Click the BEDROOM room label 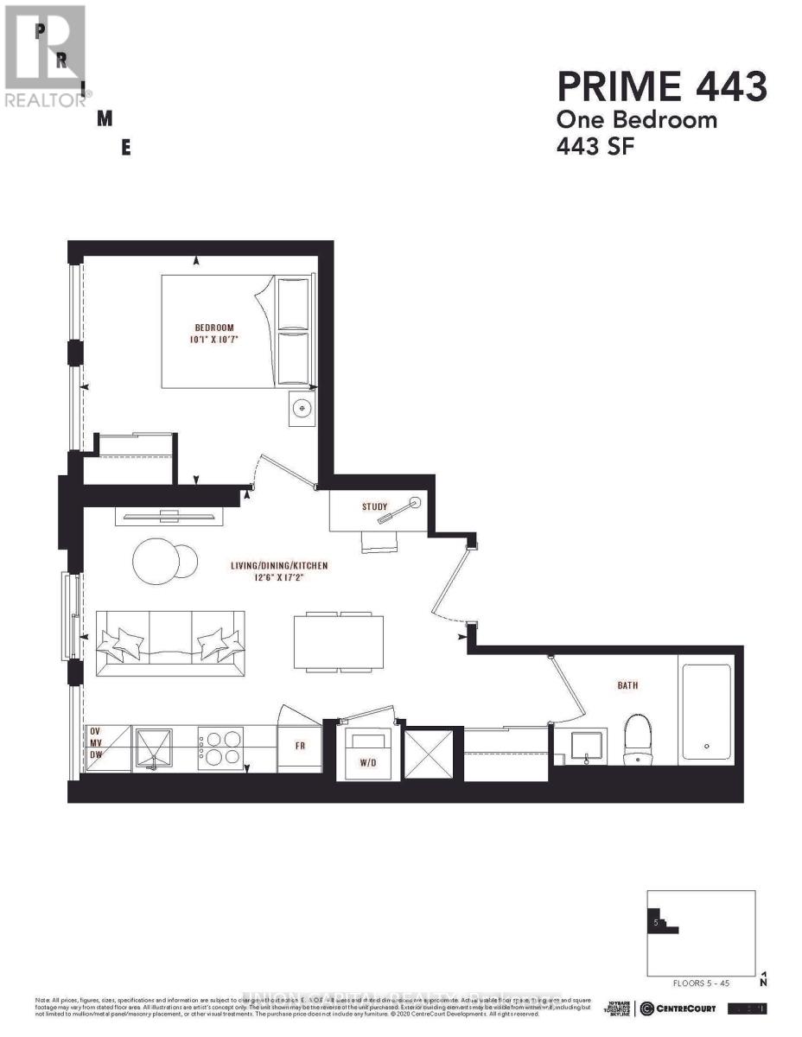pyautogui.click(x=214, y=328)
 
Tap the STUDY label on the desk pyautogui.click(x=375, y=506)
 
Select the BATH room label pyautogui.click(x=627, y=685)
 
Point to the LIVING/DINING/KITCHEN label pyautogui.click(x=279, y=566)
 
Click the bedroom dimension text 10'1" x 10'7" pyautogui.click(x=214, y=340)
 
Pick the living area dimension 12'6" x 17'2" pyautogui.click(x=279, y=579)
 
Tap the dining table pyautogui.click(x=339, y=641)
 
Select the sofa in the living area pyautogui.click(x=169, y=643)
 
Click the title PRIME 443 pyautogui.click(x=662, y=88)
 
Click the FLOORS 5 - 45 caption pyautogui.click(x=701, y=983)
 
